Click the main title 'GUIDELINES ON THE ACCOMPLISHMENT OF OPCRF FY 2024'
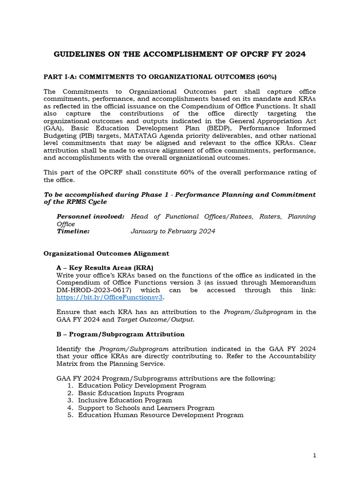[180, 54]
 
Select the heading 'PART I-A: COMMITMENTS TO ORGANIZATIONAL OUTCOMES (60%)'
[160, 76]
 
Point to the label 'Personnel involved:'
[90, 217]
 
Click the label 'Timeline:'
[73, 231]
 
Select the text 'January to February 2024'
[172, 231]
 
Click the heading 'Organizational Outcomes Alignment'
[106, 253]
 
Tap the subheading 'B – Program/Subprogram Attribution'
[120, 334]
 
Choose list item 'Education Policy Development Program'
[142, 385]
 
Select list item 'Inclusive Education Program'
[125, 400]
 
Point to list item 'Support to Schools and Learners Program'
[146, 408]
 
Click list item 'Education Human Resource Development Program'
[161, 415]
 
